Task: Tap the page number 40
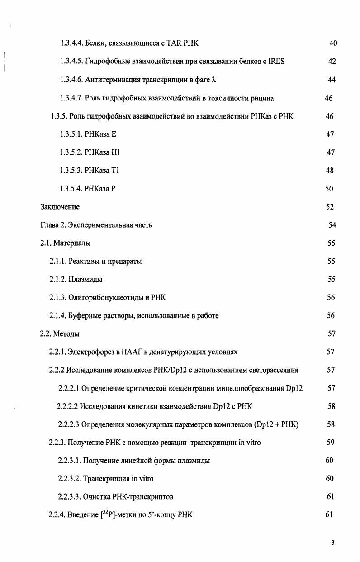click(x=333, y=43)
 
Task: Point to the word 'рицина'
click(x=263, y=98)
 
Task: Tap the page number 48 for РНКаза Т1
click(x=330, y=171)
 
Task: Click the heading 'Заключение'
click(x=60, y=207)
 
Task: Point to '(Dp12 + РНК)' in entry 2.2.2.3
click(x=277, y=424)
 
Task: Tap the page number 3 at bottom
click(x=332, y=543)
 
